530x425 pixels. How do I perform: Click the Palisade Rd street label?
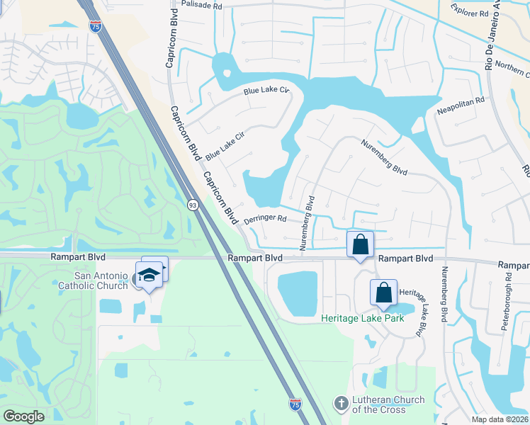[202, 4]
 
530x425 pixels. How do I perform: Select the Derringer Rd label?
[264, 220]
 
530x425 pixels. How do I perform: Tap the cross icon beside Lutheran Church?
[341, 404]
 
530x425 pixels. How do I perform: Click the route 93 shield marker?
[193, 205]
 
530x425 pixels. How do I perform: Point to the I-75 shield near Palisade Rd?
[95, 26]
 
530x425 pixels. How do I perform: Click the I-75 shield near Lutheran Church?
[295, 404]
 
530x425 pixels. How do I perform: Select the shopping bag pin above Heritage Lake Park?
[383, 293]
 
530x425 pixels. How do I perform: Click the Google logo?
[23, 416]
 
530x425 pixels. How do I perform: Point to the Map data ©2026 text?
[500, 419]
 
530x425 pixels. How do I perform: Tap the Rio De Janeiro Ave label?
[489, 42]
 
